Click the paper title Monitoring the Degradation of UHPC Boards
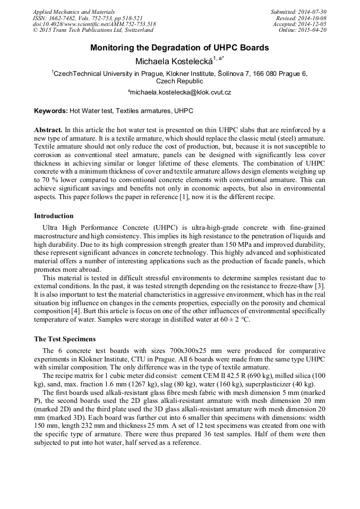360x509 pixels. tap(179, 48)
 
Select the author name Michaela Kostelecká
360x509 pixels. tap(174, 61)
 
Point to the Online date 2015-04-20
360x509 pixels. tap(312, 30)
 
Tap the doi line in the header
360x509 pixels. tap(95, 24)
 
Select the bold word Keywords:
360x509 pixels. tap(51, 111)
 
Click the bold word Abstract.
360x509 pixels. tap(48, 130)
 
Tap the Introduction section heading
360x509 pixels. tap(54, 216)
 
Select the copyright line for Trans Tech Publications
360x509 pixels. tap(93, 30)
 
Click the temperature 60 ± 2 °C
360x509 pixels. tap(232, 320)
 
